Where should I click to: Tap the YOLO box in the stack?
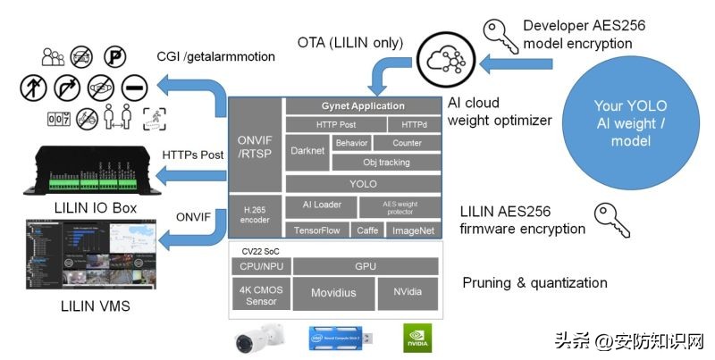pos(363,184)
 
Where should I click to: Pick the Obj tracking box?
pos(386,162)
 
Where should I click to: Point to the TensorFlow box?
pos(317,230)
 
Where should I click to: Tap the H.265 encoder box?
pos(256,217)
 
